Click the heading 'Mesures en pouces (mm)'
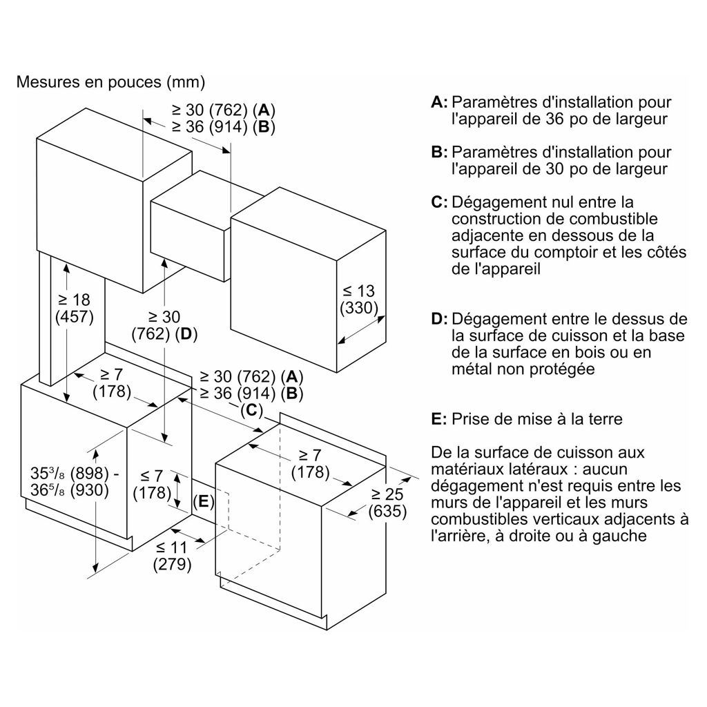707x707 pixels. coord(110,82)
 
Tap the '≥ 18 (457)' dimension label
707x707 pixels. coord(75,308)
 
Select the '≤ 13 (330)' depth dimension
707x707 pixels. coord(359,300)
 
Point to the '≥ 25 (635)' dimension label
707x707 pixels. coord(387,503)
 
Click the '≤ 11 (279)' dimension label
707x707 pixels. coord(172,556)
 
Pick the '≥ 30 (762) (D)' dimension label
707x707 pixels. coord(164,325)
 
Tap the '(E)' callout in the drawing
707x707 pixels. coord(204,501)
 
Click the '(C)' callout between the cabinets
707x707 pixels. coord(251,410)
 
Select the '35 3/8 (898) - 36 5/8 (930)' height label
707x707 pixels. coord(75,481)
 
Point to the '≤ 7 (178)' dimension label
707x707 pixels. coord(152,484)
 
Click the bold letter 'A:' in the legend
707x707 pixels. coord(440,102)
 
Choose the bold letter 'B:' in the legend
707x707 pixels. coord(440,153)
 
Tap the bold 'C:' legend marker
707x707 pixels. coord(440,202)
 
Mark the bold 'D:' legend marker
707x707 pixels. coord(440,319)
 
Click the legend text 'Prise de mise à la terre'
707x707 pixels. coord(537,419)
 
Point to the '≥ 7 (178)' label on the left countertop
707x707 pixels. coord(112,382)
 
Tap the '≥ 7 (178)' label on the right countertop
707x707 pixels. coord(310,463)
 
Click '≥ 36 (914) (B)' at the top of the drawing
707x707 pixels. coord(224,127)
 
